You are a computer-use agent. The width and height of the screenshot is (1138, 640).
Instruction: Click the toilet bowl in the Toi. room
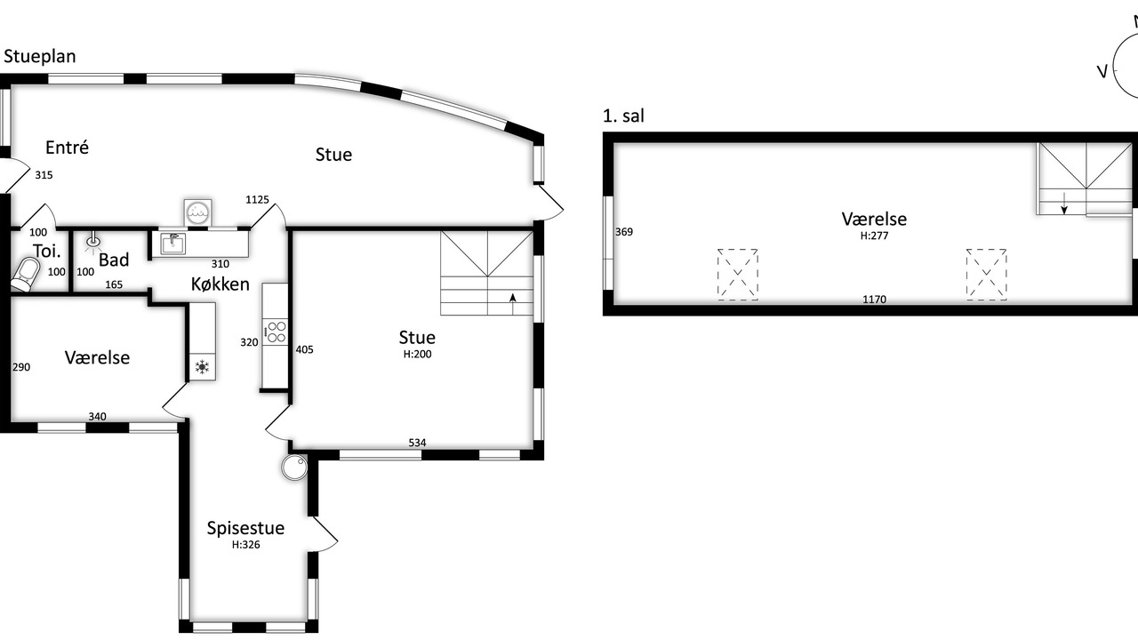pos(26,275)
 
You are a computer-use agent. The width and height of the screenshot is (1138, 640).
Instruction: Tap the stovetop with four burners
pos(276,332)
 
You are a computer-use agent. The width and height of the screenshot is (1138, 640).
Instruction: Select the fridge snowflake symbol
pos(202,367)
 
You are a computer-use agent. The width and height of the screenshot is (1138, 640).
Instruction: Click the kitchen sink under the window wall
pos(172,244)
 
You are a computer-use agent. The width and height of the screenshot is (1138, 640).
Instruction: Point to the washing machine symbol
pos(197,212)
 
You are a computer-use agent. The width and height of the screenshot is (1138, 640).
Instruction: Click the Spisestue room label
pos(245,528)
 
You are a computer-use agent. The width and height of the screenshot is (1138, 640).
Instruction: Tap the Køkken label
pos(220,284)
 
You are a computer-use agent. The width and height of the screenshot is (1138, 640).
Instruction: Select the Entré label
pos(67,148)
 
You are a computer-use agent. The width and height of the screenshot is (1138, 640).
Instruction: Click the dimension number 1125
pos(257,200)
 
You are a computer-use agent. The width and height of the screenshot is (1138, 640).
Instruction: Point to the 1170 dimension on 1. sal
pos(874,300)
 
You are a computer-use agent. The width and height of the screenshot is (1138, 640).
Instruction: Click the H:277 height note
pos(874,236)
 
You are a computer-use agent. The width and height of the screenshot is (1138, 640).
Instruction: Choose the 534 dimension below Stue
pos(417,443)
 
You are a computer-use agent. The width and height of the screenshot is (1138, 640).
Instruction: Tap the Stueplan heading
pos(40,56)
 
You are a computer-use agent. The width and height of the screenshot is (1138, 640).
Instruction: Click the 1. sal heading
pos(623,116)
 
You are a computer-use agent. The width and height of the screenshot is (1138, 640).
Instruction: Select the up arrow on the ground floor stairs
pos(513,304)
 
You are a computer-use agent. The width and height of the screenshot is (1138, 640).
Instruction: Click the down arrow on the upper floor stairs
pos(1064,204)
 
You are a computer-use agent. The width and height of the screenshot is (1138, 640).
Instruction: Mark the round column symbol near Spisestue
pos(294,468)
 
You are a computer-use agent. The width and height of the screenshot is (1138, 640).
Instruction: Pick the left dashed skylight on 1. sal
pos(738,275)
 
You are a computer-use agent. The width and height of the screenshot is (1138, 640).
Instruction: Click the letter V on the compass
pos(1102,72)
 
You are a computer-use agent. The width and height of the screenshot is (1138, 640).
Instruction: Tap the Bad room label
pos(114,260)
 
